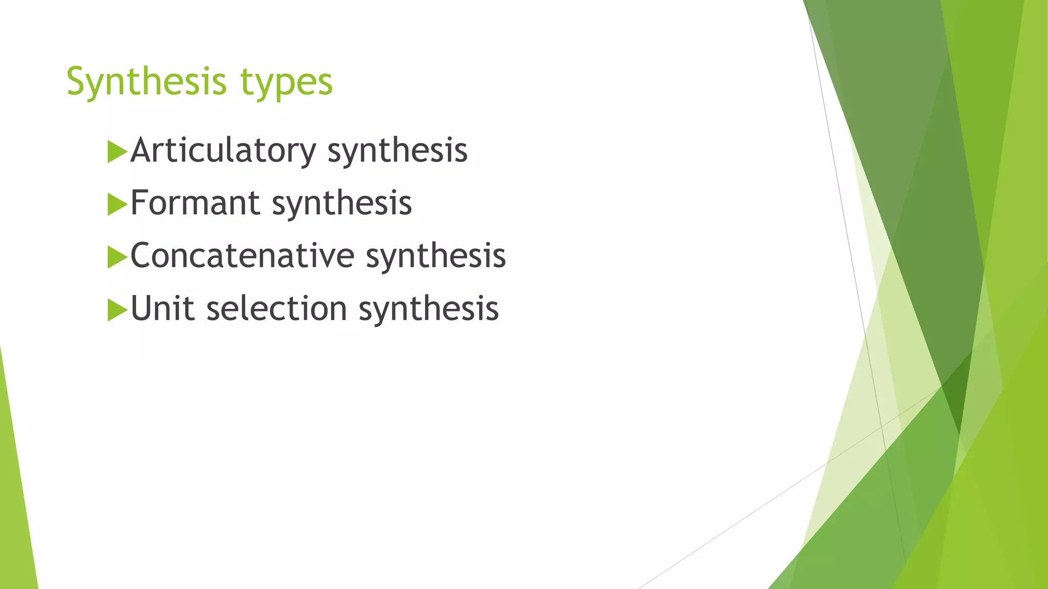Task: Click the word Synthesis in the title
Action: (146, 82)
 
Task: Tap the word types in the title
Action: (287, 83)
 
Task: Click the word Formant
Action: (195, 203)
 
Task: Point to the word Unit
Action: (162, 308)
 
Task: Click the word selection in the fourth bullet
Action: (277, 308)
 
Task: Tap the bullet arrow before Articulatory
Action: (117, 152)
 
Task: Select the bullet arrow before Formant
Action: (117, 205)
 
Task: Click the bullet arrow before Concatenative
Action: (117, 258)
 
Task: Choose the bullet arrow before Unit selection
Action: (117, 310)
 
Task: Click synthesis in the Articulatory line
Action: (397, 151)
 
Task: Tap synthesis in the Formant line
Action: (341, 204)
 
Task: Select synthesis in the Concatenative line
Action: (435, 257)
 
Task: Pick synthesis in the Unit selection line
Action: (428, 309)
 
